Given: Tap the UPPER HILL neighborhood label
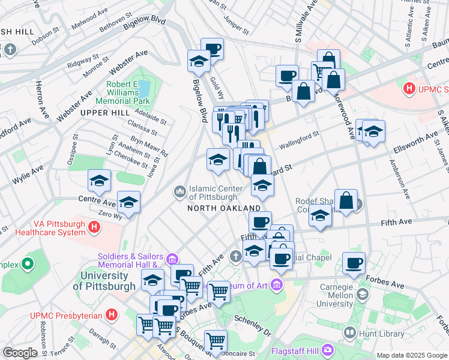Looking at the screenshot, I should click(101, 113).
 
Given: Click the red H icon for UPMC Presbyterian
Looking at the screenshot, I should click(111, 314).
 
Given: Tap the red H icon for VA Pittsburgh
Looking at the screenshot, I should click(94, 227).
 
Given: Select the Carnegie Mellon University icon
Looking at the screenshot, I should click(362, 294).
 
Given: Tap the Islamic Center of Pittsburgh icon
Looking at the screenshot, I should click(179, 192).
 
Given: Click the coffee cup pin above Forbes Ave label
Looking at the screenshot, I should click(354, 263).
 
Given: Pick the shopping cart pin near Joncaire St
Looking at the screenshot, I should click(215, 340).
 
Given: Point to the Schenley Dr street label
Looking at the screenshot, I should click(249, 324).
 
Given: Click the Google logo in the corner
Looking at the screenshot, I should click(20, 353).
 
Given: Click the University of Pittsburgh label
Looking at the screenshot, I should click(104, 281).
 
